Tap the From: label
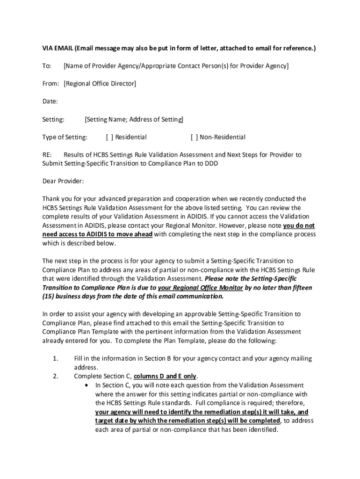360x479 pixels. [x=51, y=84]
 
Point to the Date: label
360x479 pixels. [x=50, y=102]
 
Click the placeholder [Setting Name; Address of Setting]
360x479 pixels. [x=134, y=119]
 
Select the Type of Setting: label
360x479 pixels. [x=65, y=137]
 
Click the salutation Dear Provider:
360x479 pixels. [x=63, y=181]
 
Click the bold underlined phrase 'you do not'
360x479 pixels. [x=299, y=225]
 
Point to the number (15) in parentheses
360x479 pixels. [x=49, y=297]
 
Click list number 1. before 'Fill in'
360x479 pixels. [x=55, y=359]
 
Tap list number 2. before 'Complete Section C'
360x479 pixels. [x=55, y=377]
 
